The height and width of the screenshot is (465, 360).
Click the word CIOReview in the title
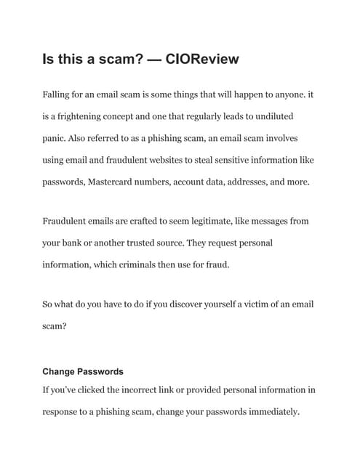point(199,59)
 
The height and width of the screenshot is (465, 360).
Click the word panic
point(55,138)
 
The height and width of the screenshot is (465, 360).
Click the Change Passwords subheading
point(82,371)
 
